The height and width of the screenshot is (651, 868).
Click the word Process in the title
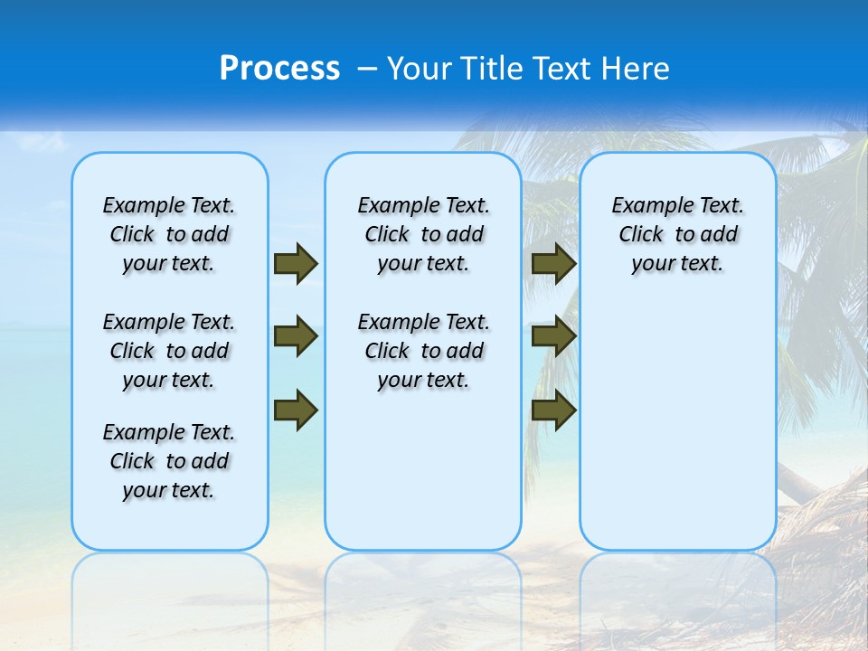279,69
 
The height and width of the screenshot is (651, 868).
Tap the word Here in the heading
637,69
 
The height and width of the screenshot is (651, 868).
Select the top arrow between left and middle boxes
296,263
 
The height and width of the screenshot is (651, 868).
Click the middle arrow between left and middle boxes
296,336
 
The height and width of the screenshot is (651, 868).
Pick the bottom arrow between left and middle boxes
296,410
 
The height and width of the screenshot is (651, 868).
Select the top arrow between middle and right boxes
553,263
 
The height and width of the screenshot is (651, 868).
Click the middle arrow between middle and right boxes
553,336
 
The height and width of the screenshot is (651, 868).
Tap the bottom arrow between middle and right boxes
553,410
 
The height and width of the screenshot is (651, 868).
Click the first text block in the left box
169,234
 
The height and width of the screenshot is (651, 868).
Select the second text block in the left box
169,351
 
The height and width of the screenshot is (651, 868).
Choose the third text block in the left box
169,461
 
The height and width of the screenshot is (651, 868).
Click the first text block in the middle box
423,234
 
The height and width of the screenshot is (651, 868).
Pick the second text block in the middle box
423,351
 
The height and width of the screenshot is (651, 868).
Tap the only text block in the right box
677,234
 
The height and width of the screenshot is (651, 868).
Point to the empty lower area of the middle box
423,470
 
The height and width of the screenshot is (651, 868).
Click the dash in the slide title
368,69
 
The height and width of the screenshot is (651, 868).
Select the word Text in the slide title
562,69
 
